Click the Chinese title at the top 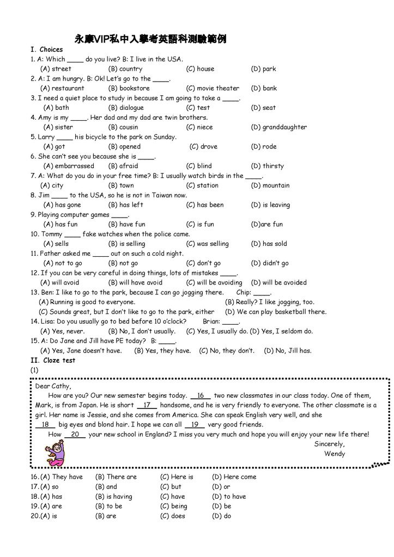(x=150, y=39)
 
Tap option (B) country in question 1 (x=125, y=69)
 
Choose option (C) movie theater (x=213, y=88)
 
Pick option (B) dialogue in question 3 (x=126, y=108)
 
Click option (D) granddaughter (x=278, y=127)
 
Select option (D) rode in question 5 (x=264, y=147)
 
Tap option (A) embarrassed (x=68, y=166)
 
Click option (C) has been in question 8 (x=205, y=205)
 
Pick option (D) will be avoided (x=278, y=283)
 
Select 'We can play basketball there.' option (x=275, y=312)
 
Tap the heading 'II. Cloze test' (x=53, y=361)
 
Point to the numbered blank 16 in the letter (x=200, y=396)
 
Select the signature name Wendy (x=335, y=454)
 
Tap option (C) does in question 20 (x=173, y=516)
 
